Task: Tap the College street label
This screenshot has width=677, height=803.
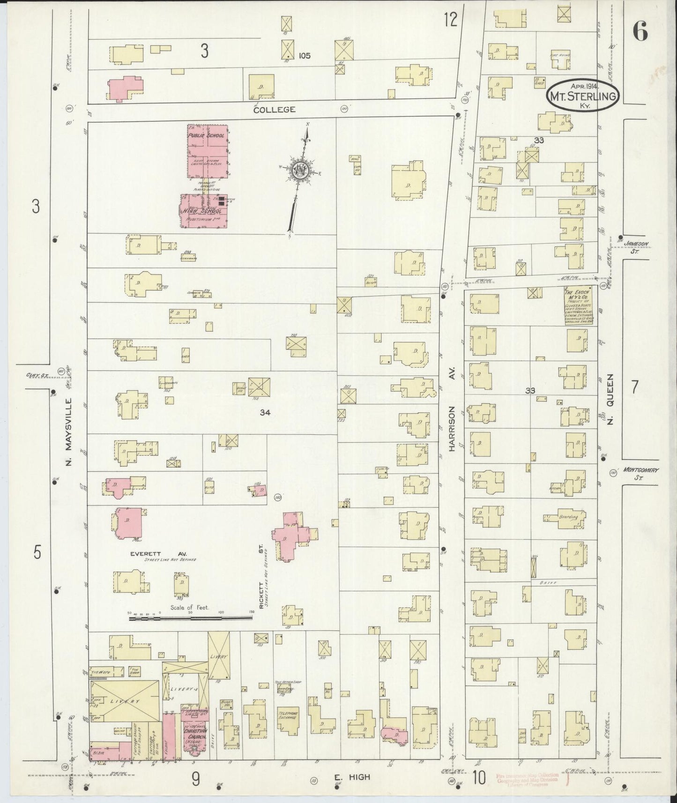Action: tap(274, 110)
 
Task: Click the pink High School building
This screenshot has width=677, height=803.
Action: tap(204, 211)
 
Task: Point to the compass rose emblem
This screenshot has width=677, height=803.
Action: tap(298, 171)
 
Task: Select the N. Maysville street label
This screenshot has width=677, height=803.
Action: tap(68, 431)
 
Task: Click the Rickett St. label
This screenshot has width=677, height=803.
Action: tap(261, 576)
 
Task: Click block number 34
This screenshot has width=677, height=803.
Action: tap(266, 412)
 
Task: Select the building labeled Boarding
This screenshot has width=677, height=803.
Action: tap(567, 518)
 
